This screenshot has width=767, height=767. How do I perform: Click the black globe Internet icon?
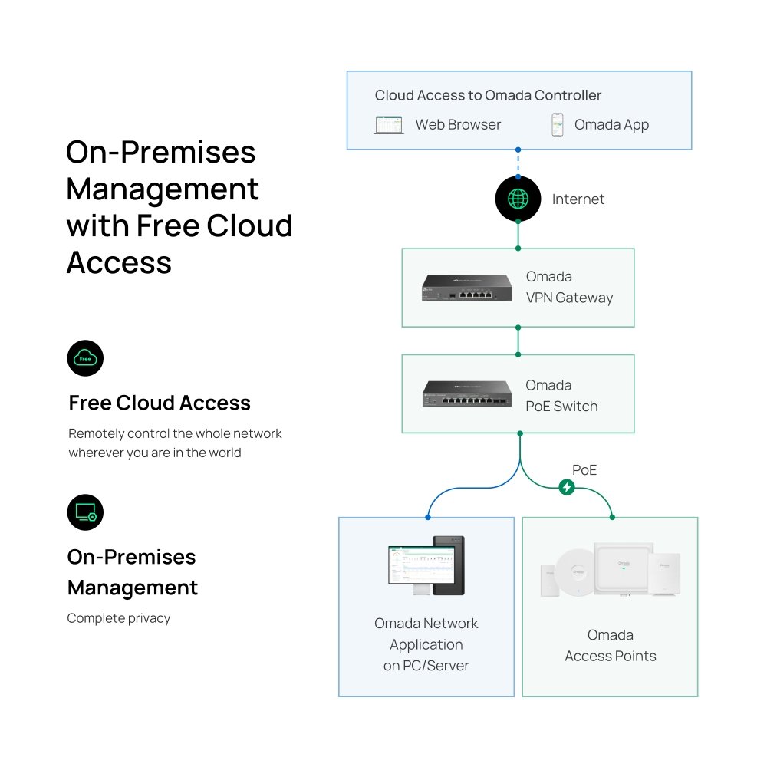pos(518,199)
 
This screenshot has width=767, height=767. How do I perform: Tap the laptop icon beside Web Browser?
pos(389,125)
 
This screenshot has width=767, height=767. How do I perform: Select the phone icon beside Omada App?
pos(558,125)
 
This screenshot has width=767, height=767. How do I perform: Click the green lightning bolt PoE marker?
pos(567,487)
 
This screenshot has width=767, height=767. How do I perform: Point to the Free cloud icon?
pos(85,358)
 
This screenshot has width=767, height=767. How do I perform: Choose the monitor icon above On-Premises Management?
pos(85,512)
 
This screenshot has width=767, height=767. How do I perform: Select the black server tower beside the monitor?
pos(449,565)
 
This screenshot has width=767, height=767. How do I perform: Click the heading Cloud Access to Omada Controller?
pos(488,96)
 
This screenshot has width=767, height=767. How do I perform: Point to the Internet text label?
pos(578,199)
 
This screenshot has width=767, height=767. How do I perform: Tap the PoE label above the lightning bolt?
pos(584,469)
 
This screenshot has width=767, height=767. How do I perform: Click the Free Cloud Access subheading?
pos(160,403)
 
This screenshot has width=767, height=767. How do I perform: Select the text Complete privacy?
pos(119,618)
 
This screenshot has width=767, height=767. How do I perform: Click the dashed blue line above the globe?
pos(518,163)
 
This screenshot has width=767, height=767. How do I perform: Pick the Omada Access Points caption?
pos(611,645)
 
